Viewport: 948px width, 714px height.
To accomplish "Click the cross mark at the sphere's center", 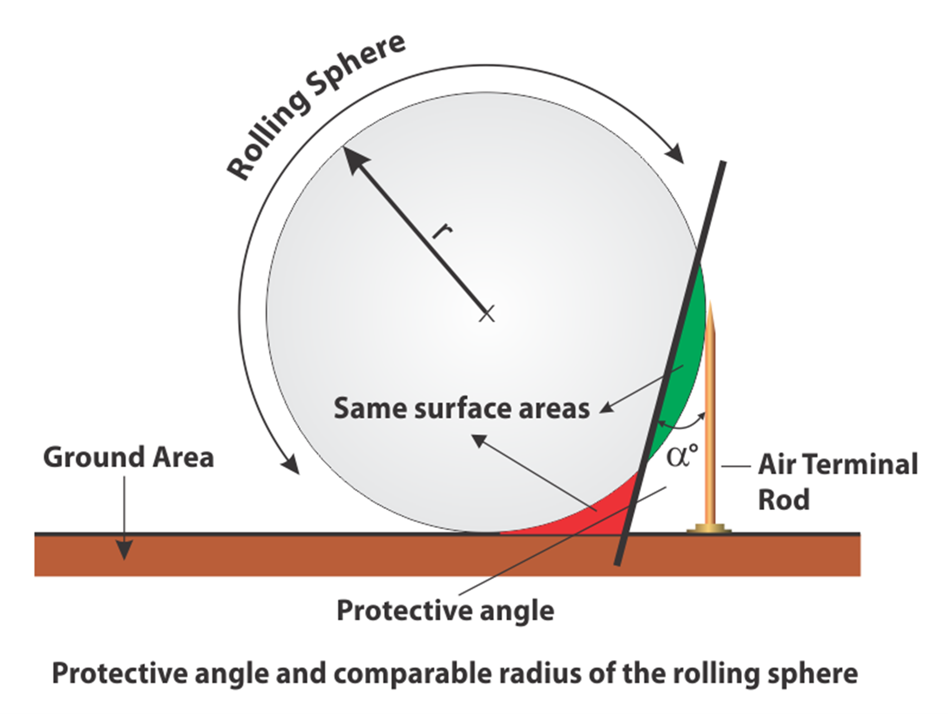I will [486, 314].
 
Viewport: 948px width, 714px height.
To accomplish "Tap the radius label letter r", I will [443, 230].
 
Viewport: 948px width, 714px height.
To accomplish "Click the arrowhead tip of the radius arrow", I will [344, 148].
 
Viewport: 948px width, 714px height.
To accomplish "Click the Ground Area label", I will [129, 457].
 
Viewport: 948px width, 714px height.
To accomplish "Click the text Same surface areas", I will [461, 408].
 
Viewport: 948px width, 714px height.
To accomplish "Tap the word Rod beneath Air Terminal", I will [783, 500].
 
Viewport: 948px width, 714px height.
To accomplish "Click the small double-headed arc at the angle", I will [681, 424].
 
